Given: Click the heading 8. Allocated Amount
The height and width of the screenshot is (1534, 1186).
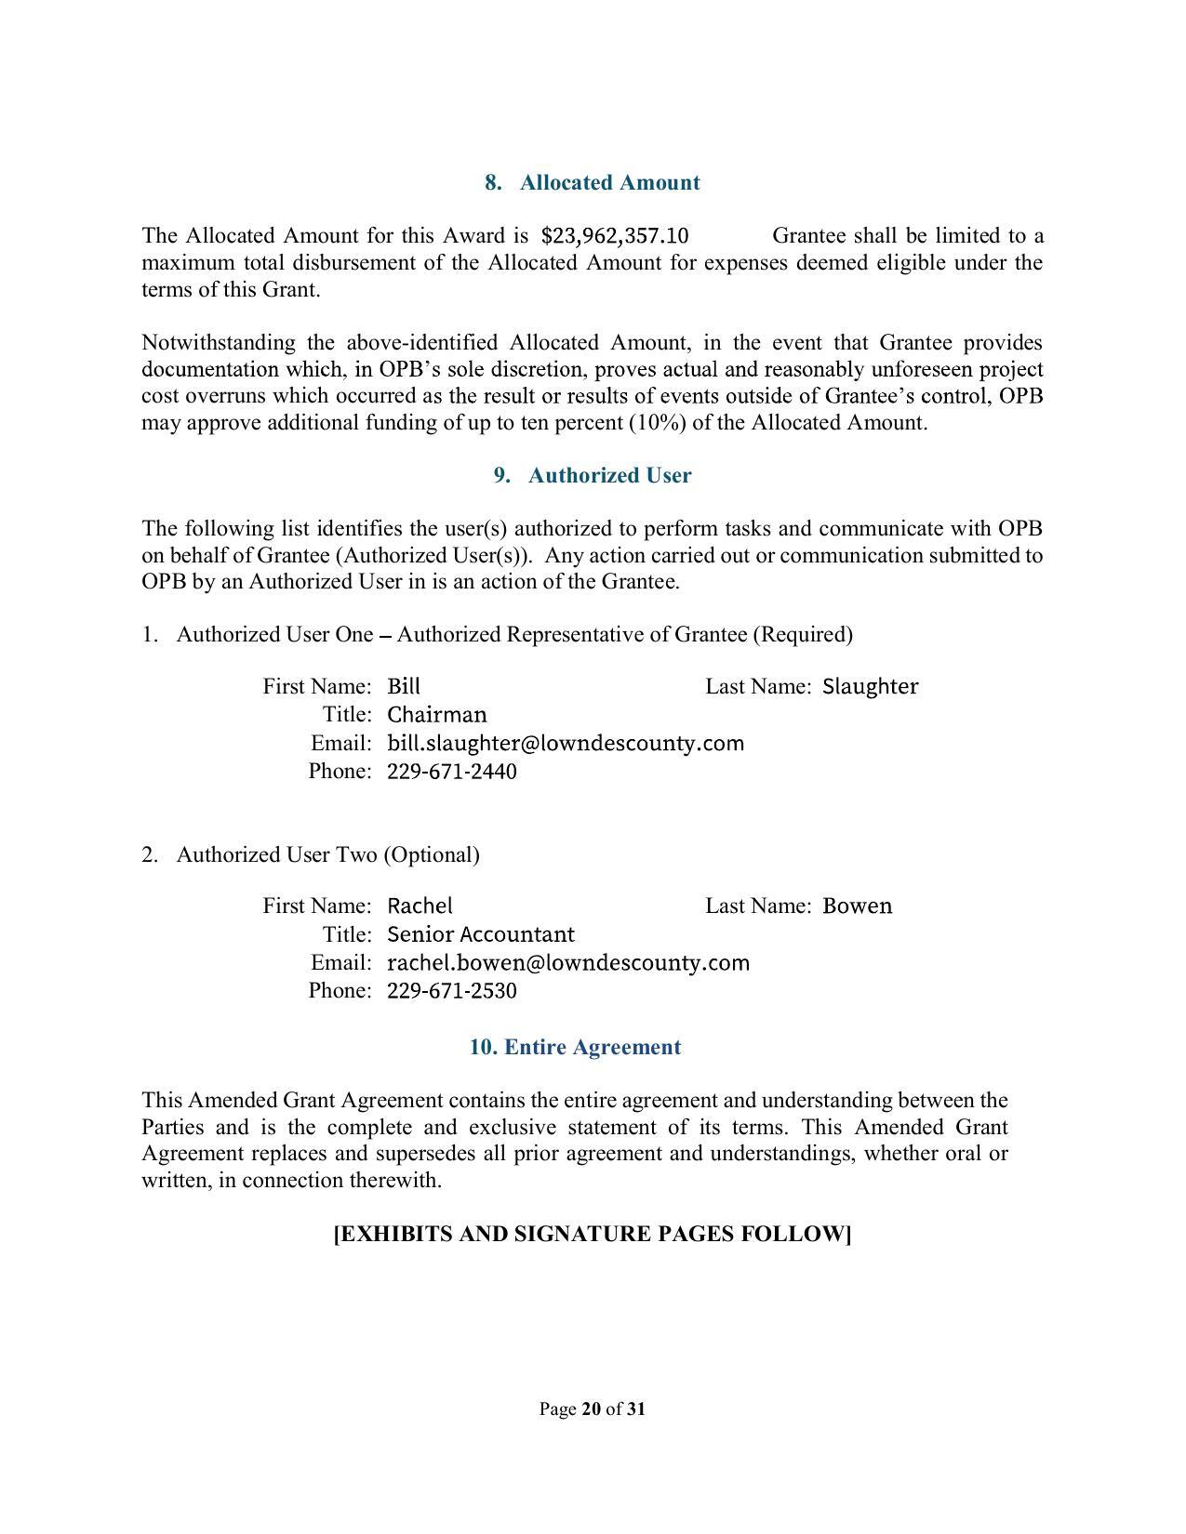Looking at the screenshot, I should click(592, 182).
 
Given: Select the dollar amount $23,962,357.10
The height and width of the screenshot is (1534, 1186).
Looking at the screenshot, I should click(615, 235).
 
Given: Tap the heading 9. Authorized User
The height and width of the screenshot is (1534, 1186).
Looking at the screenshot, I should click(593, 475).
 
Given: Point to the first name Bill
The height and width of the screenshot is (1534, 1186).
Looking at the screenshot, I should click(404, 686).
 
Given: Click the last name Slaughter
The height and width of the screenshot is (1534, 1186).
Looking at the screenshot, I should click(870, 686).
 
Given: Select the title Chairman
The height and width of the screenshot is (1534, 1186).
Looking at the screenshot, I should click(436, 714).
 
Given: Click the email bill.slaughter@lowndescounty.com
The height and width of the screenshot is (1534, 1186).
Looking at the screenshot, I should click(565, 743).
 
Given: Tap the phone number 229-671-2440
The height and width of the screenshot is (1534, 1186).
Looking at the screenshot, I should click(451, 772).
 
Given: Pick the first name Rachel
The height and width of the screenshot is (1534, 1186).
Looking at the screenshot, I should click(420, 906).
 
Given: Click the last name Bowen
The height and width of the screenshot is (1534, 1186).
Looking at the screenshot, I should click(857, 906).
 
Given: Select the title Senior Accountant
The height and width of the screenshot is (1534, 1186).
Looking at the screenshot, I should click(480, 933).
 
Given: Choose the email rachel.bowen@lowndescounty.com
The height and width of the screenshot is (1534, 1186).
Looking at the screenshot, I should click(567, 962).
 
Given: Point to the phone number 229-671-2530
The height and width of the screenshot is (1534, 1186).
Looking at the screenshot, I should click(451, 991).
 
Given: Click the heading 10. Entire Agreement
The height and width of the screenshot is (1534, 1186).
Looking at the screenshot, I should click(575, 1047).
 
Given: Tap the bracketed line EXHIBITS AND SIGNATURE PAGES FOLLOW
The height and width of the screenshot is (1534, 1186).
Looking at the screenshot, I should click(593, 1234).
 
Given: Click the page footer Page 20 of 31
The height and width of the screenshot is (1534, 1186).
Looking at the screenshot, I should click(593, 1408).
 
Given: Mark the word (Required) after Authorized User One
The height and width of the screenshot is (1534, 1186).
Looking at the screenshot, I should click(802, 634).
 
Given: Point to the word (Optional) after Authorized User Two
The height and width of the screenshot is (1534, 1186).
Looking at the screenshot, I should click(431, 854).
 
